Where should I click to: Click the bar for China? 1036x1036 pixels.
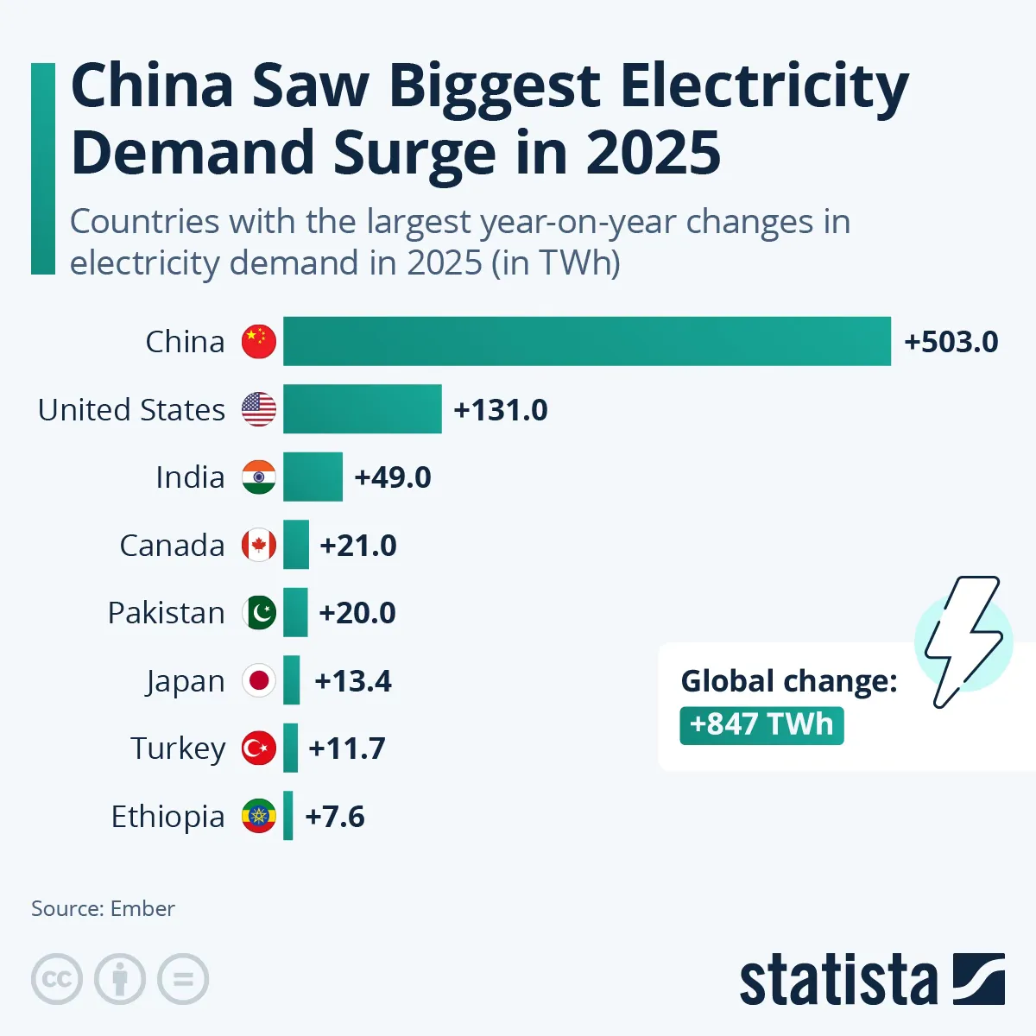point(587,341)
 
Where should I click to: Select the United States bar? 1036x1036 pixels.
point(363,409)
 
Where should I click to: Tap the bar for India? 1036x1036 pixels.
point(313,477)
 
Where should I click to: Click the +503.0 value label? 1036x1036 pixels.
point(951,342)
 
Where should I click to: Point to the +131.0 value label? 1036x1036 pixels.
point(501,410)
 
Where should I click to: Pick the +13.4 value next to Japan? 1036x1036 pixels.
point(353,681)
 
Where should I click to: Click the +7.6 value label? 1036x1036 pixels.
point(335,817)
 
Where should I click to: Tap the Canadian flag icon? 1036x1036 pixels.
point(259,545)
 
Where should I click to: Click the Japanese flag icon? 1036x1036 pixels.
point(259,680)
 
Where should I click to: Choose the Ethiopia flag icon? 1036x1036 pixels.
point(259,816)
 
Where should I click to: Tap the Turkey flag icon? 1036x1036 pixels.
point(259,749)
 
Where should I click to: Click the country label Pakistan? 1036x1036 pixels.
point(166,613)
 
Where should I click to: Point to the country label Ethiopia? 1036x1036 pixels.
point(167,817)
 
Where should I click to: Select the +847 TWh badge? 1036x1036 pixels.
point(761,724)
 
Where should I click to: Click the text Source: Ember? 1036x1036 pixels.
point(103,908)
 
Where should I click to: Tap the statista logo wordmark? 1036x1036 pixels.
point(837,980)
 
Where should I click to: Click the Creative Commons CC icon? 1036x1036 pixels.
point(57,979)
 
